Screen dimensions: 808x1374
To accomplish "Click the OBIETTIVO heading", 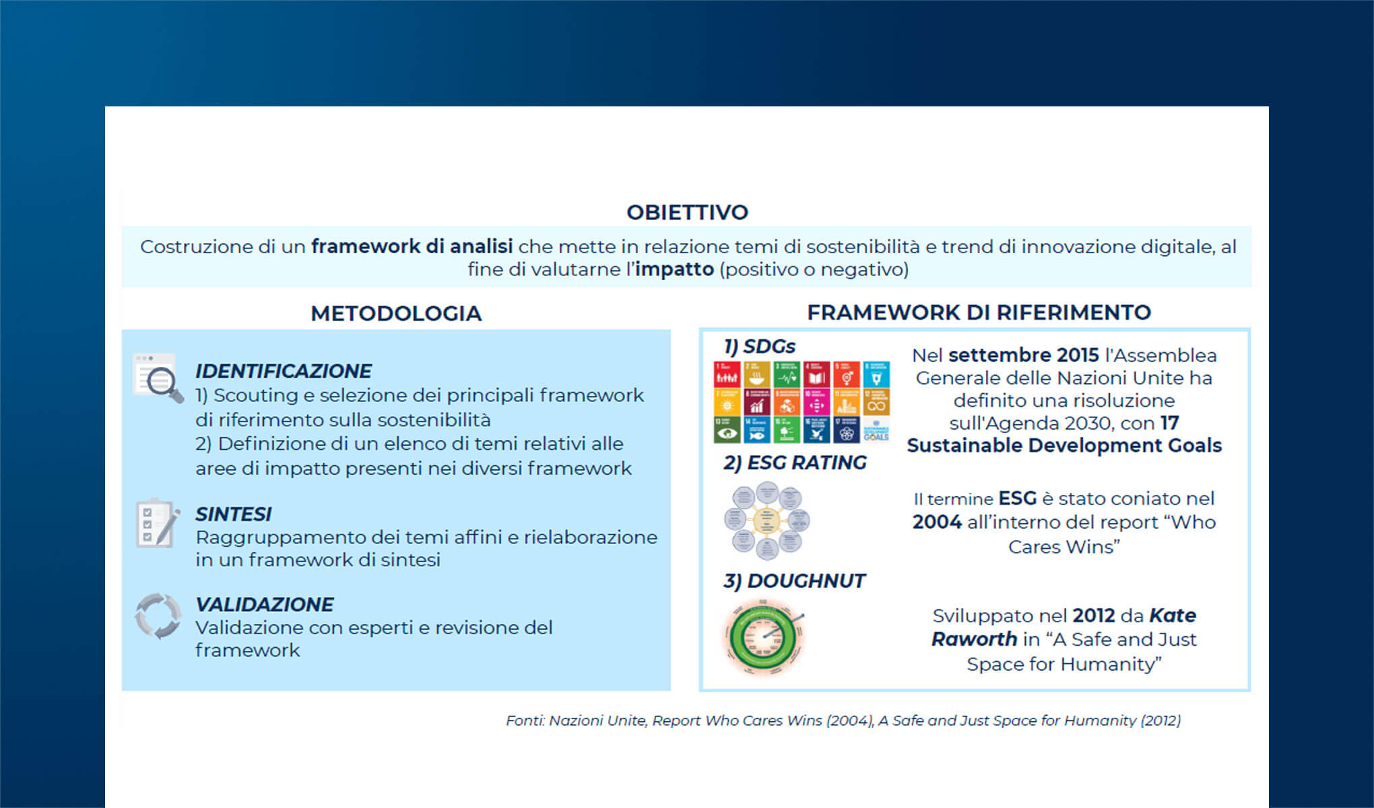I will [x=687, y=212].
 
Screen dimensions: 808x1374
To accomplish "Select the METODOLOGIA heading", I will [x=396, y=314].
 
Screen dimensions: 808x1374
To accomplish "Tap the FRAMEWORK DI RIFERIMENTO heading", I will [x=979, y=312].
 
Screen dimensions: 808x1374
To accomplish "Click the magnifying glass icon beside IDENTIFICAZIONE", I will [x=158, y=378].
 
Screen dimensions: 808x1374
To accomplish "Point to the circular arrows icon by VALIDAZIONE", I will [x=158, y=615].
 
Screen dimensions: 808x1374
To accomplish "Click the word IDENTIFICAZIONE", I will [x=283, y=371].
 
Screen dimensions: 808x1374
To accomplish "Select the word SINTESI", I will [x=233, y=514].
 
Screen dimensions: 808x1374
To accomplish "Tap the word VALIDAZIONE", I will [x=264, y=605].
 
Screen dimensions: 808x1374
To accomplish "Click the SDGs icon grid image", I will [x=802, y=402].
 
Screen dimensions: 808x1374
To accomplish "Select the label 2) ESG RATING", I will [x=795, y=463].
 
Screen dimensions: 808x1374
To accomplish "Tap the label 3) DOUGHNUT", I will [x=794, y=581].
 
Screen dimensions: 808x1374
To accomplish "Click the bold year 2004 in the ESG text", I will [x=936, y=523].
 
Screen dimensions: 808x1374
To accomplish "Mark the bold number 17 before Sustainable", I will [x=1169, y=423].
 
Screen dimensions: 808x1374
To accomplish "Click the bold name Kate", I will [x=1172, y=615].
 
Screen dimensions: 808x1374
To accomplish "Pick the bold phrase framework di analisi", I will [x=412, y=246].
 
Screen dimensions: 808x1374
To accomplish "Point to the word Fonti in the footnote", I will [x=525, y=720].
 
